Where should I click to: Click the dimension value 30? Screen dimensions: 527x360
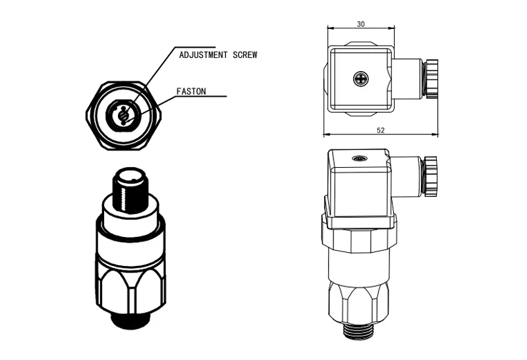click(x=360, y=24)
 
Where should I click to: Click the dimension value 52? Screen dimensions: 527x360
click(x=381, y=130)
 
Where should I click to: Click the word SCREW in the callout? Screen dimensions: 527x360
click(x=245, y=55)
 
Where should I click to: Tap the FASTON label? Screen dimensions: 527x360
click(x=191, y=91)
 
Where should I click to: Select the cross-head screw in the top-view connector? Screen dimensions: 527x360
click(x=361, y=79)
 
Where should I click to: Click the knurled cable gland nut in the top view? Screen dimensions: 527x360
click(x=432, y=79)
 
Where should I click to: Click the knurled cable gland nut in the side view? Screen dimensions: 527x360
click(x=431, y=176)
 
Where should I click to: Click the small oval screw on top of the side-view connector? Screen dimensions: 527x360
click(x=359, y=158)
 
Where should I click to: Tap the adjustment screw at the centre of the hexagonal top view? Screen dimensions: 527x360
click(x=123, y=116)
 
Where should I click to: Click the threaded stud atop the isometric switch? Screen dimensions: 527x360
click(x=129, y=188)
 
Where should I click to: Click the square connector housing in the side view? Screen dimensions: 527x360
click(x=359, y=190)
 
